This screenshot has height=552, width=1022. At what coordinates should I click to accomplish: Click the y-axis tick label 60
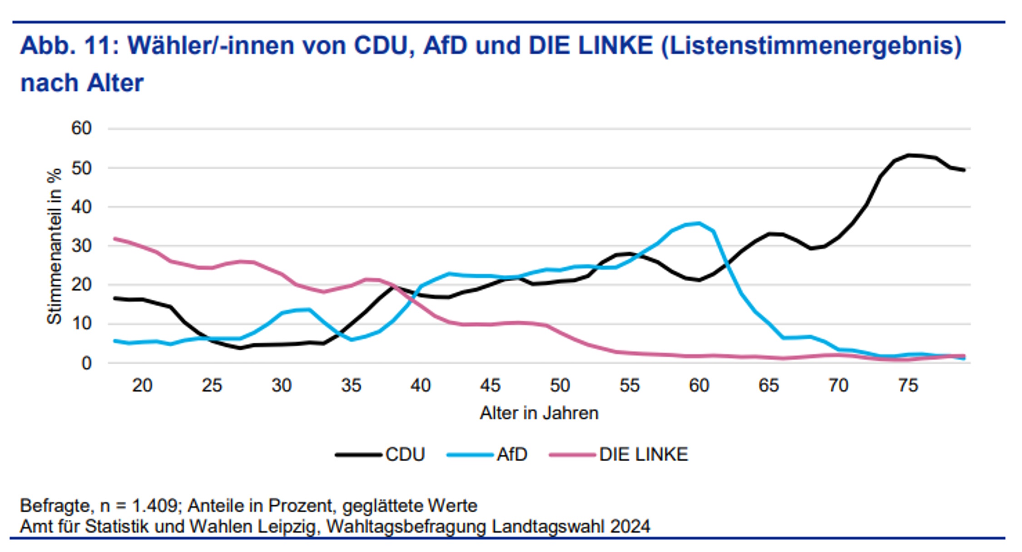point(81,129)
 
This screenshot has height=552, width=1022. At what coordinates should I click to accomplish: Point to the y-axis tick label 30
point(81,246)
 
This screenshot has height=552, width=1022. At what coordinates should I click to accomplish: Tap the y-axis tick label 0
point(86,363)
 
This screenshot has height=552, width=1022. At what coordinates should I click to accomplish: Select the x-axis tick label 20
point(142,386)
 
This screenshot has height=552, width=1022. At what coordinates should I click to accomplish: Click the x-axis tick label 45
point(490,386)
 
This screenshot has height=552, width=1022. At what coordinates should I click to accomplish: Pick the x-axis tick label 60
point(699,386)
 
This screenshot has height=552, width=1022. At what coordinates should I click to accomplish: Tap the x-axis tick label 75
point(908,386)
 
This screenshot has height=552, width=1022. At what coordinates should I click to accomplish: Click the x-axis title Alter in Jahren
point(539,413)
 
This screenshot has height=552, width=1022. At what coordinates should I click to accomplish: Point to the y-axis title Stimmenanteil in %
point(55,246)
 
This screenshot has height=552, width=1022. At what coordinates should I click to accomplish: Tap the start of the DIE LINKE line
point(115,239)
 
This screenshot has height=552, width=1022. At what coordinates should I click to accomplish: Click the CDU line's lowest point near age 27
point(240,348)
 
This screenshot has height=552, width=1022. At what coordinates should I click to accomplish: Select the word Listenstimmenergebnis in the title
point(811,46)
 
